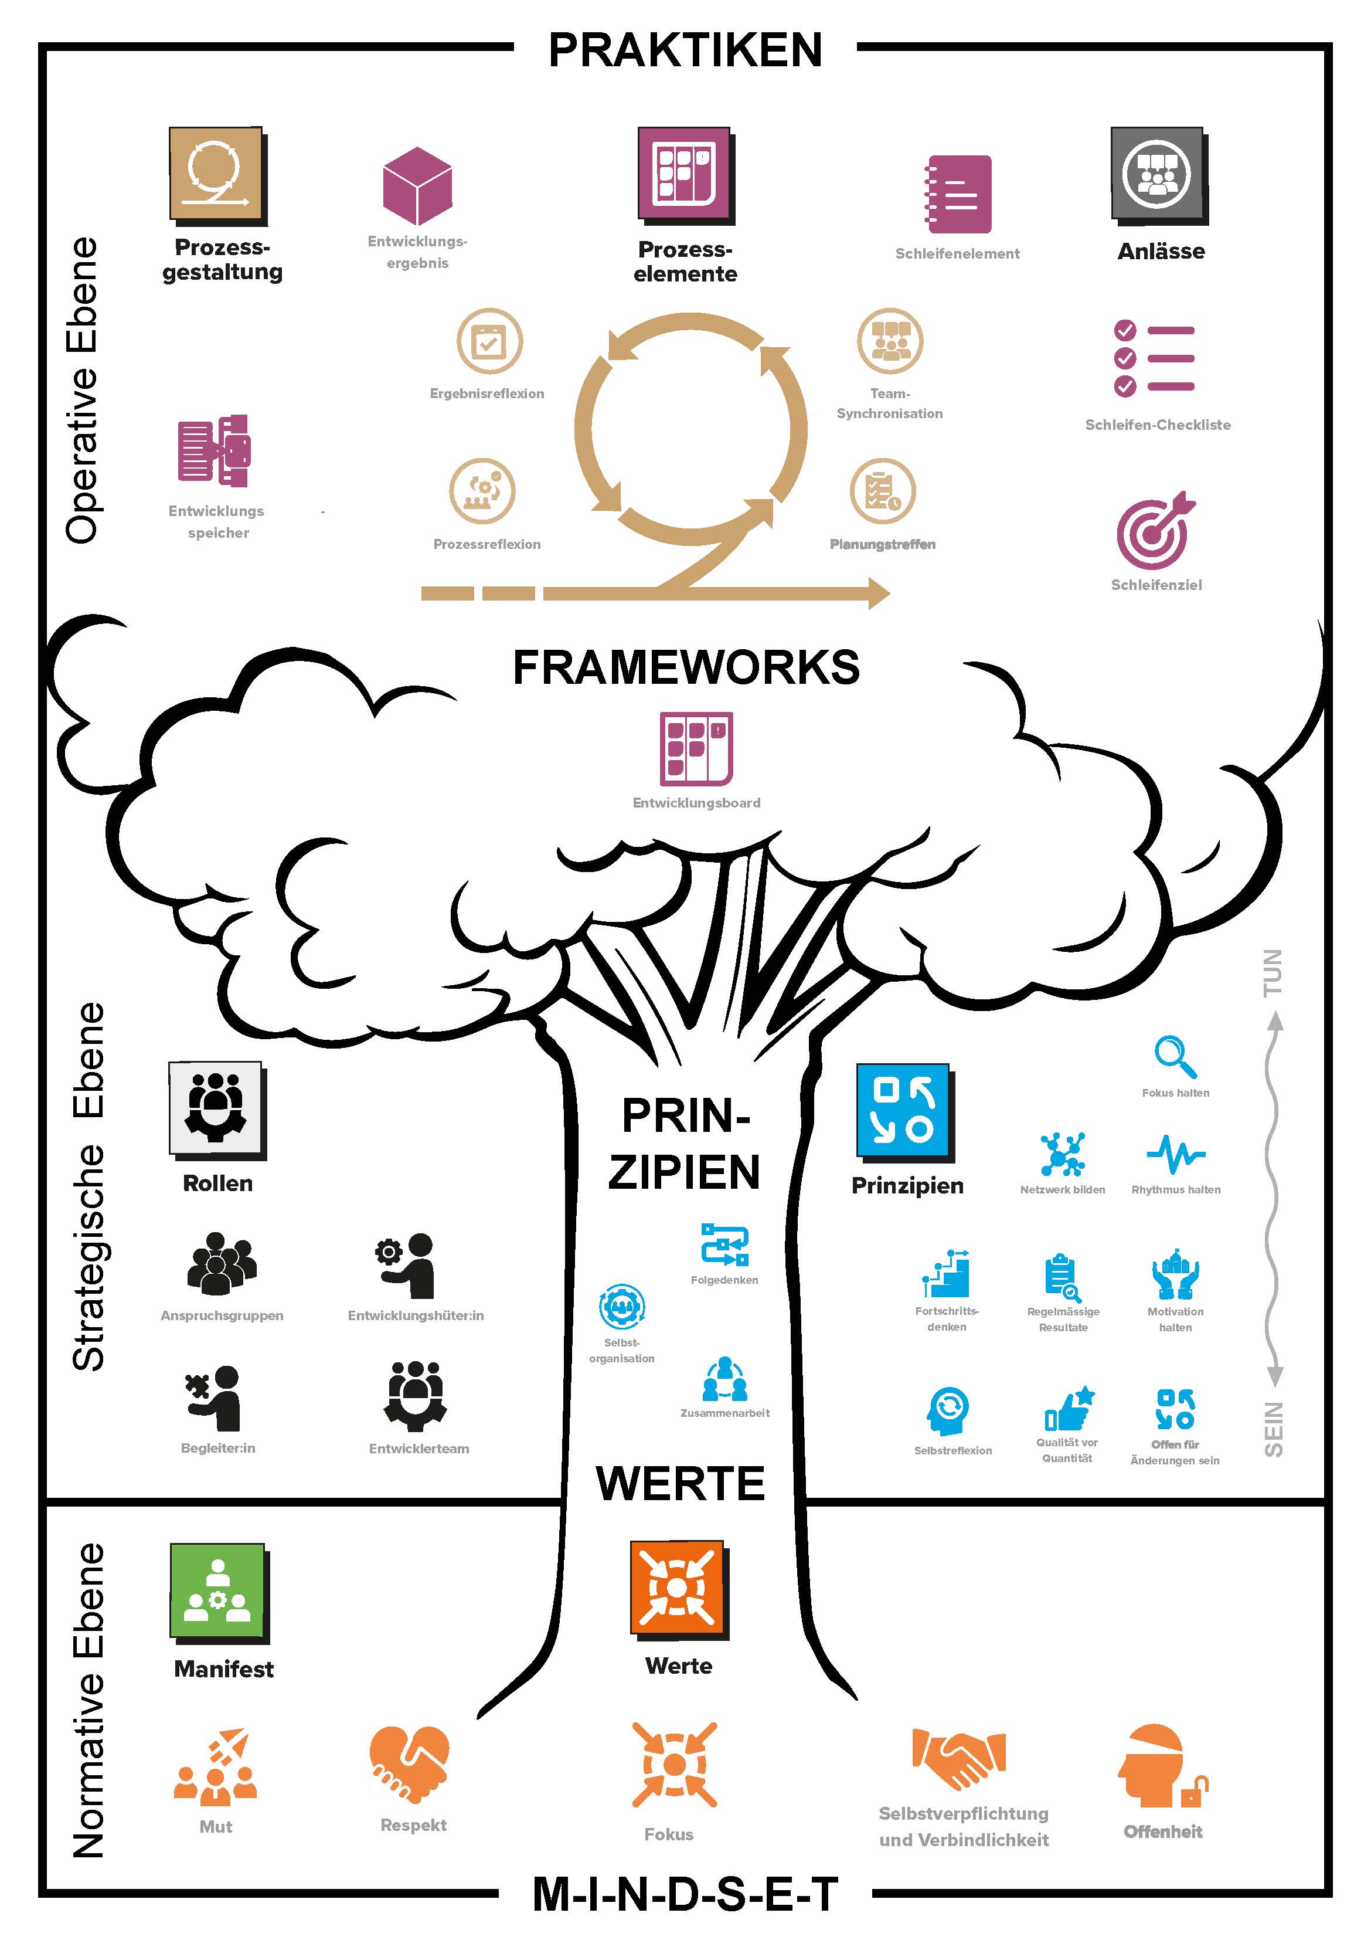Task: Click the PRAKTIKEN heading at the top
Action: tap(685, 50)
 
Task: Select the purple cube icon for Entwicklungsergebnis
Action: tap(417, 186)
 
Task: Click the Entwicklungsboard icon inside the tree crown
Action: tap(696, 749)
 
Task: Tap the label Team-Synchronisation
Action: tap(890, 403)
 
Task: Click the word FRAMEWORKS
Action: tap(686, 667)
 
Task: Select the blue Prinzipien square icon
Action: tap(904, 1112)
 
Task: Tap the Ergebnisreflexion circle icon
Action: tap(490, 341)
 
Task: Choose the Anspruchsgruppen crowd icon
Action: tap(222, 1263)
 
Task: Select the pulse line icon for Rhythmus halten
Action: tap(1176, 1154)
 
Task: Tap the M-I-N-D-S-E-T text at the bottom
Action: tap(685, 1894)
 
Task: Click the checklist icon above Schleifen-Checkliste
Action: tap(1154, 358)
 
